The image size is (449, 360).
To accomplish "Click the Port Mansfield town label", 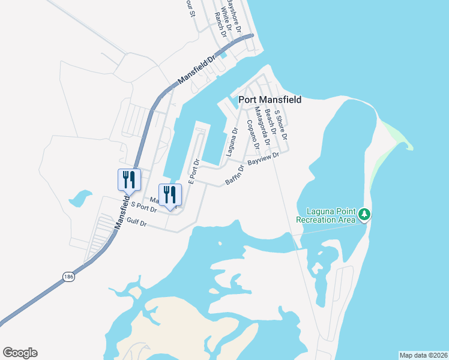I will [270, 100].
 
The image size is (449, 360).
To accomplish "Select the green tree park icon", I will [364, 214].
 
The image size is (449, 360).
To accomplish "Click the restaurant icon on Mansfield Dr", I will [129, 178].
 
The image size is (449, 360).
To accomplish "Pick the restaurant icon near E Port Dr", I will [169, 194].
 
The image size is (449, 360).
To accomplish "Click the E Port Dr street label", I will [194, 172].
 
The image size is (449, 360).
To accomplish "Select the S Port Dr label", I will [143, 207].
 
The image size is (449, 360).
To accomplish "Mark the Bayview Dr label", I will [264, 160].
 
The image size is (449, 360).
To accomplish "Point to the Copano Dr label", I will [253, 135].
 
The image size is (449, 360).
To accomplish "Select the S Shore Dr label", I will [281, 124].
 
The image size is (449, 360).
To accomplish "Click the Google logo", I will [20, 353].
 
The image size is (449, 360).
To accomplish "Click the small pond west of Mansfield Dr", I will [80, 198].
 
